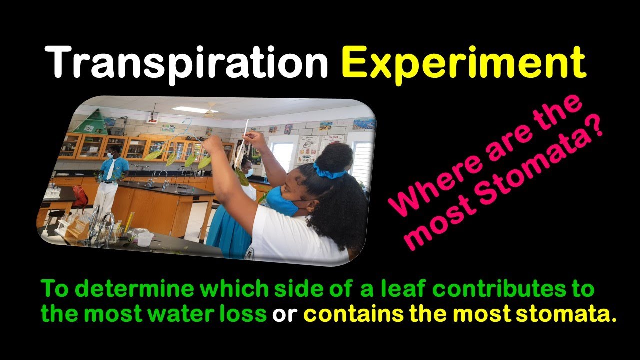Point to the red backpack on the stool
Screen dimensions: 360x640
point(80,196)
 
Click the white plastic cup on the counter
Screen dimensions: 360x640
point(145,239)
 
